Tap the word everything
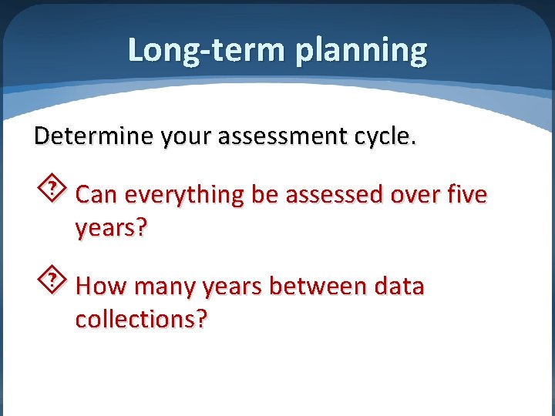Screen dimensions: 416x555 183,196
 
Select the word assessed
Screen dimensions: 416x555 333,195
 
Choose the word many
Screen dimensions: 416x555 165,287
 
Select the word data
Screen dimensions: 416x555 399,287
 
